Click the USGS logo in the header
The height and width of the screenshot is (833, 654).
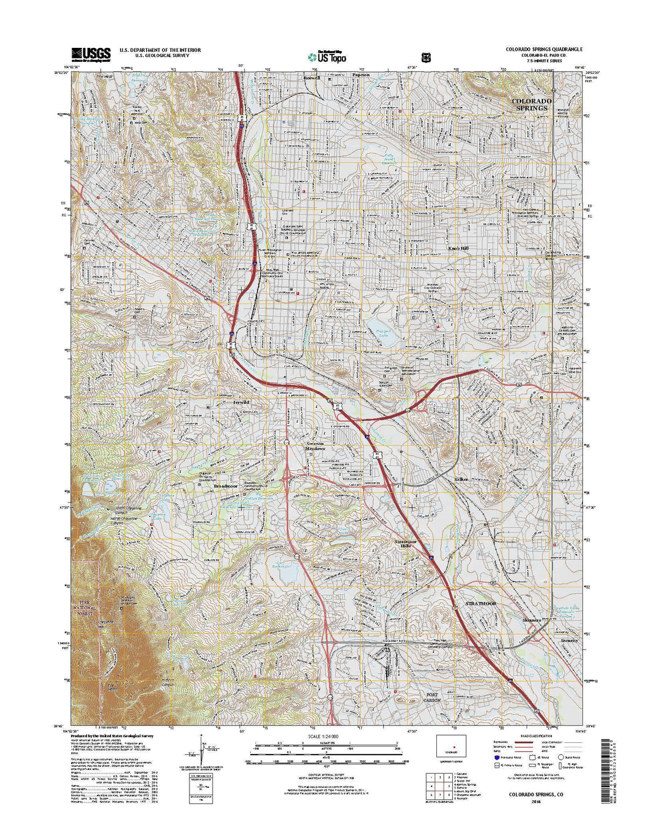click(91, 54)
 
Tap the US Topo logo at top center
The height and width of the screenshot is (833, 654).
click(327, 57)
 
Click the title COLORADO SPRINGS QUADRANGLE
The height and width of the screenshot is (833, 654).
click(543, 50)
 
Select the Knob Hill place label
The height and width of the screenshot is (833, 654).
click(458, 248)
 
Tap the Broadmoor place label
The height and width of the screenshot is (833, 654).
click(225, 485)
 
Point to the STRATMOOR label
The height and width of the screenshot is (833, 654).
click(481, 603)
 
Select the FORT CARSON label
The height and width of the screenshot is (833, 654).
click(432, 697)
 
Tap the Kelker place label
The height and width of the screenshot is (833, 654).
click(461, 479)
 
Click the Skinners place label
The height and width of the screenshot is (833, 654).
click(532, 620)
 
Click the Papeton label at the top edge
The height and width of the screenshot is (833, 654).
click(361, 74)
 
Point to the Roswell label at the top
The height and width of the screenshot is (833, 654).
click(311, 78)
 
